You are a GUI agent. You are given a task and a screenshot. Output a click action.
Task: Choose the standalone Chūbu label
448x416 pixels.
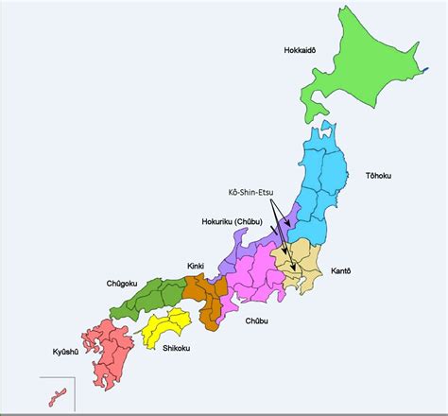pyautogui.click(x=256, y=321)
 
